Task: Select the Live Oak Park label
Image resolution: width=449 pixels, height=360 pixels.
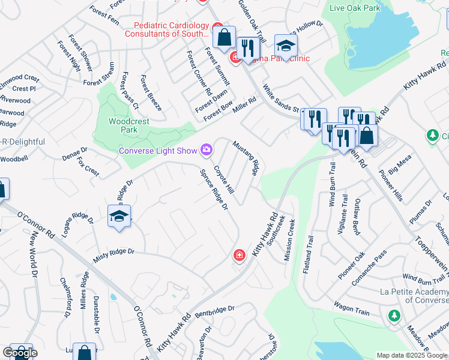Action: coord(355,8)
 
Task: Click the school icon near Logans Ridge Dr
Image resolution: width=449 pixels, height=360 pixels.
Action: coord(119,216)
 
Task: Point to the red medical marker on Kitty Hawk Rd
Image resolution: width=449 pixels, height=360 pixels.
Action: coord(240,256)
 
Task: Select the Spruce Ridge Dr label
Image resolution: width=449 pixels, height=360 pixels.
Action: coord(214,190)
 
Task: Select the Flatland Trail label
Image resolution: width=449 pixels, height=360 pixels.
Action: coord(309,255)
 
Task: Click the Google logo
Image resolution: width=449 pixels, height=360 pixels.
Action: coord(20,353)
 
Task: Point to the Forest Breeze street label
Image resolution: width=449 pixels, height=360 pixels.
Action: coord(151,93)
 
